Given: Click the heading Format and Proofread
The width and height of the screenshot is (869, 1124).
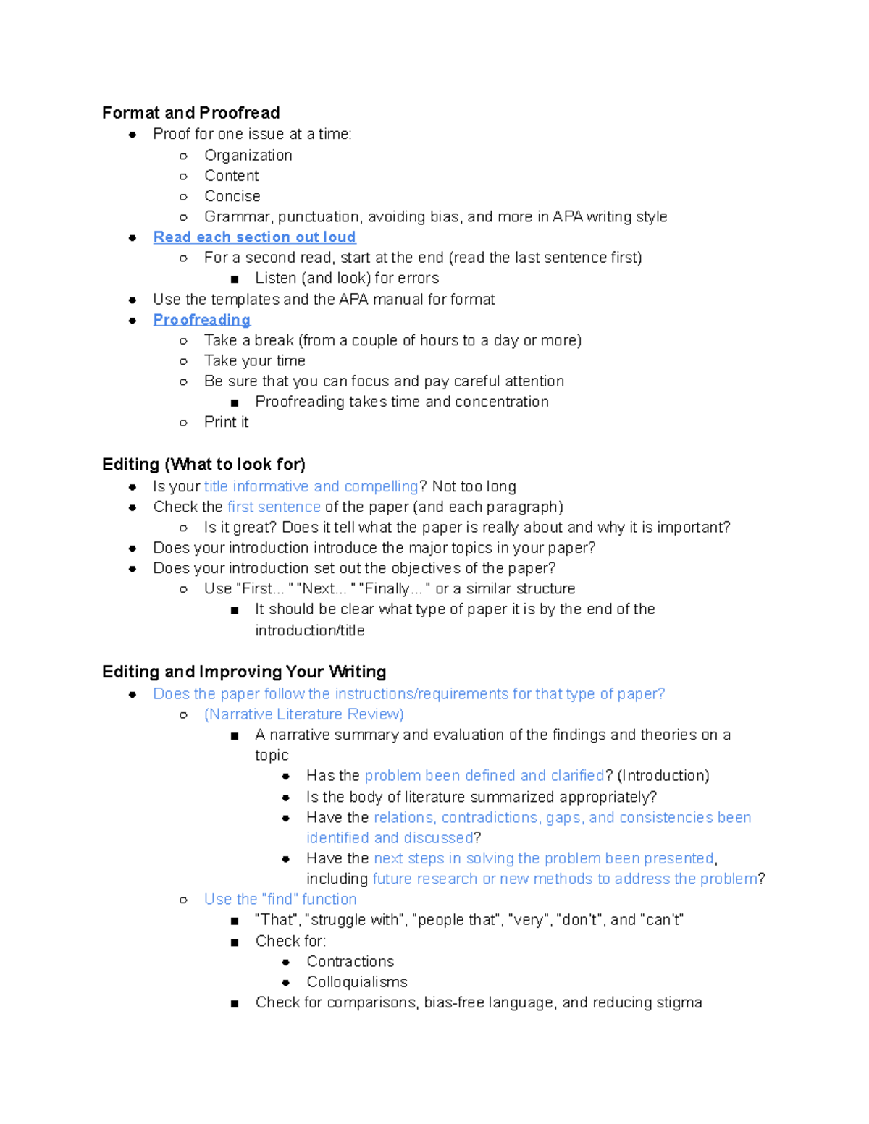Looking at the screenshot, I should click(190, 113).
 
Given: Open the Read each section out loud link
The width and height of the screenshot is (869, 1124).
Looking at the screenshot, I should click(254, 237).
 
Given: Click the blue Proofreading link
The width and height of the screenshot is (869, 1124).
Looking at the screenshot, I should click(201, 320).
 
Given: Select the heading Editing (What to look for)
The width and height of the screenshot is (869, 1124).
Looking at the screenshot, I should click(203, 465).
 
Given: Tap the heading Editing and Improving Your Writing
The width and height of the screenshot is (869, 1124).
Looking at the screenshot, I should click(244, 672).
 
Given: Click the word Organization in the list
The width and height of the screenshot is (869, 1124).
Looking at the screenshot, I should click(248, 156).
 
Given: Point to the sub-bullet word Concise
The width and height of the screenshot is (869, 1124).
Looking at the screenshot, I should click(232, 196).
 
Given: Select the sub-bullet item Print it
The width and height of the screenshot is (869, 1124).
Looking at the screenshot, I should click(226, 422).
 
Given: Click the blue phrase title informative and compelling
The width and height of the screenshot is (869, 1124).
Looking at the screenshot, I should click(311, 486).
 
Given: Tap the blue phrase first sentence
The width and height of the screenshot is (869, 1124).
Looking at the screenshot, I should click(274, 507).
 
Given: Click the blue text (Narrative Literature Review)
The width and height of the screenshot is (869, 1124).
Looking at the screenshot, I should click(303, 714).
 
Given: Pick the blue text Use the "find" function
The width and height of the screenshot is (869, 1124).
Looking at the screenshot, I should click(280, 899).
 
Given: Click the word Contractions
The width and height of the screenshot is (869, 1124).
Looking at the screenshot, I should click(350, 961).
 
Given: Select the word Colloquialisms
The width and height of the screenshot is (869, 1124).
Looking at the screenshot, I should click(356, 982).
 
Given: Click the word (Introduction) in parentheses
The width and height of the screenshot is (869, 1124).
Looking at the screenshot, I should click(663, 776).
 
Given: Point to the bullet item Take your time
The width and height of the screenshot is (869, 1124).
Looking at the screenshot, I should click(254, 361).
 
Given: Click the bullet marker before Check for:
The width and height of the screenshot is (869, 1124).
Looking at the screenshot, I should click(235, 942).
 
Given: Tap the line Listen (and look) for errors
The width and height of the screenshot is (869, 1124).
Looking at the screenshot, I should click(347, 279).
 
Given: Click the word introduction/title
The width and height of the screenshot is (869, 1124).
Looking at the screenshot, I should click(309, 630).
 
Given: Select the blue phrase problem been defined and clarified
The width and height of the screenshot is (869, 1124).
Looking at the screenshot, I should click(484, 776).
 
